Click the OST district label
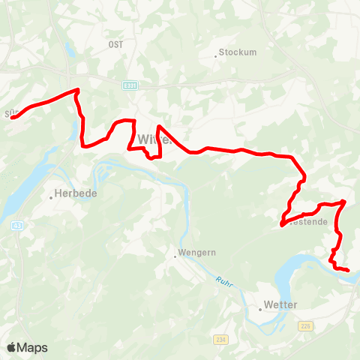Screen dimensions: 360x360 (x=115, y=44)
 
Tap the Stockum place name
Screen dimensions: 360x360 (x=239, y=53)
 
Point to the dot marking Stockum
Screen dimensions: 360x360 (x=217, y=53)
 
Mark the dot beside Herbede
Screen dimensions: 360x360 (x=52, y=197)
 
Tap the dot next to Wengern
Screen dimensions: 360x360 (x=176, y=256)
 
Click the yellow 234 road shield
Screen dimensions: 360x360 (x=220, y=339)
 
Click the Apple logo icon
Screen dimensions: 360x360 (x=12, y=347)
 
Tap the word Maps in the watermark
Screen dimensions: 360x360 (x=33, y=348)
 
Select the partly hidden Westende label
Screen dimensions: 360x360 (x=305, y=222)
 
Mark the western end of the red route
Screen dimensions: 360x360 (x=11, y=116)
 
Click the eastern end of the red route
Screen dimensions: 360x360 (x=349, y=269)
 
